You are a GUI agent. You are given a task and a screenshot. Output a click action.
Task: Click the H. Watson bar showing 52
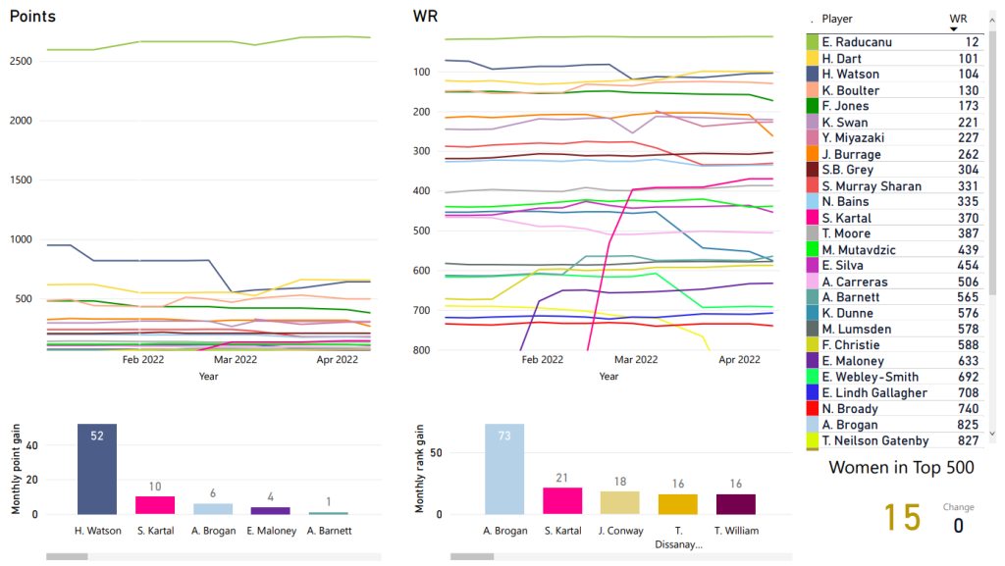97,469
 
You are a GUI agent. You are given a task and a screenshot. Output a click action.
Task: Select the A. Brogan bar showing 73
504,469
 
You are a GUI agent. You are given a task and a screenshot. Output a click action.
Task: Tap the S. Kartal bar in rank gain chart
562,500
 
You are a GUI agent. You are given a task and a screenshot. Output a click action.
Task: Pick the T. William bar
735,503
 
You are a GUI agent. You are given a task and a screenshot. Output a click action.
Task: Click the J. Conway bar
620,502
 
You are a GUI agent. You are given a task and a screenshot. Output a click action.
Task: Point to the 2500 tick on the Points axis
23,62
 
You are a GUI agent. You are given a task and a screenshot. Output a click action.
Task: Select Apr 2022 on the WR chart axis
739,360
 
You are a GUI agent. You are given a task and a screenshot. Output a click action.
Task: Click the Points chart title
32,17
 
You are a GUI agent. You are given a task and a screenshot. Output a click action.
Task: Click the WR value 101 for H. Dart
967,58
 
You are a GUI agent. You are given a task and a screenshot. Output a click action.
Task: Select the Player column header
837,19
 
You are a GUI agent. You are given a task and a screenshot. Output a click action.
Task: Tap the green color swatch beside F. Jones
812,106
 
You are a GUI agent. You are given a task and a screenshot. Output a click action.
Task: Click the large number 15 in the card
902,517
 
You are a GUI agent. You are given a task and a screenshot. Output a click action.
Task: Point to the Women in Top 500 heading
902,468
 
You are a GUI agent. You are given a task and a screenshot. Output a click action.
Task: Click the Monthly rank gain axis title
420,469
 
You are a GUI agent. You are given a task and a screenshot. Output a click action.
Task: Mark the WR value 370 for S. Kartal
967,218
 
